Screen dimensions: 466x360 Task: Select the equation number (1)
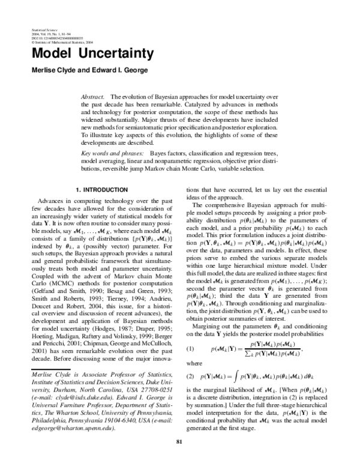point(190,332)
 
